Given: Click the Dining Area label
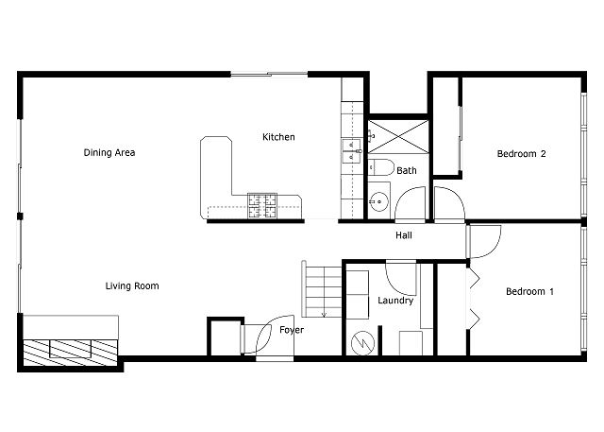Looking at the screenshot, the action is (x=109, y=153).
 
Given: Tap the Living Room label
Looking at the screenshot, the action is (x=132, y=286).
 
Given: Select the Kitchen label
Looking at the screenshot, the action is (x=278, y=137).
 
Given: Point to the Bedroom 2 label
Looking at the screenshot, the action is (x=521, y=154).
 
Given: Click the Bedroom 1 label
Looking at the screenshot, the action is (x=529, y=291).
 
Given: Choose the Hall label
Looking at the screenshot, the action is (x=404, y=235).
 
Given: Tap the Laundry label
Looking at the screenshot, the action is (x=395, y=301).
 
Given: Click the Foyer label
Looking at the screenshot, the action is (x=292, y=330).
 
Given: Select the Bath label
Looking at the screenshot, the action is (x=407, y=170).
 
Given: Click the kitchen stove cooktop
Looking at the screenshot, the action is (x=262, y=205).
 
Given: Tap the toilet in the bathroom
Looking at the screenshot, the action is (x=381, y=167).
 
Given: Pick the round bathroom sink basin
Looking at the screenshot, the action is (x=378, y=201).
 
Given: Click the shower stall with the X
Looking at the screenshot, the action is (x=398, y=136).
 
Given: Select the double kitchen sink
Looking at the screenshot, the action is (x=352, y=151).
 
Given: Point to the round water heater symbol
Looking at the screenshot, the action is (x=362, y=343).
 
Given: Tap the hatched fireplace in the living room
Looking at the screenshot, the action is (x=71, y=353).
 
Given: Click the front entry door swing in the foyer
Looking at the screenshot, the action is (x=269, y=335).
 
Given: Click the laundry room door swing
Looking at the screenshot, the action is (x=401, y=279).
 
